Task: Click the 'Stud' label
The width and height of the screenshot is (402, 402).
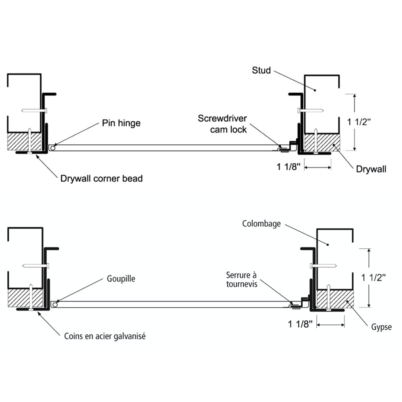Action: pyautogui.click(x=261, y=70)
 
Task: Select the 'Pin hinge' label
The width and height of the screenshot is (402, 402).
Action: pyautogui.click(x=121, y=123)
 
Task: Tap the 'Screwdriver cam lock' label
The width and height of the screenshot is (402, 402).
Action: pyautogui.click(x=222, y=123)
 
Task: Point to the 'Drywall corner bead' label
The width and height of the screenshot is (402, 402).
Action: pyautogui.click(x=101, y=178)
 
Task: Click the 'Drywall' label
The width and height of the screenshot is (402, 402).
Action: pyautogui.click(x=371, y=169)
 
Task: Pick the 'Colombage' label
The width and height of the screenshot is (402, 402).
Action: pyautogui.click(x=261, y=224)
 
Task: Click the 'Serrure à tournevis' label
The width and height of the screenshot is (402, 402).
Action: pyautogui.click(x=241, y=279)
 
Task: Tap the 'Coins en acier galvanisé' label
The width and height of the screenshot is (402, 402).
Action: pyautogui.click(x=105, y=336)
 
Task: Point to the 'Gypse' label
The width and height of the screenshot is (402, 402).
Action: pyautogui.click(x=381, y=327)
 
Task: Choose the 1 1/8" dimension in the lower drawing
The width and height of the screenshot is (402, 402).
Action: pyautogui.click(x=301, y=324)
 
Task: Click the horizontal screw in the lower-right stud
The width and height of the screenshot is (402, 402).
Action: pyautogui.click(x=323, y=265)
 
